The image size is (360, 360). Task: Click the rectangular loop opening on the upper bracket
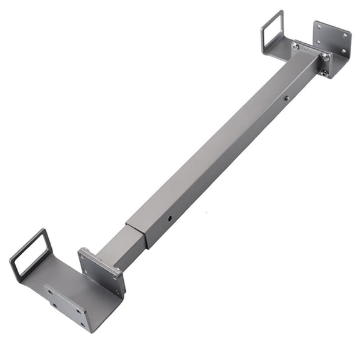272,31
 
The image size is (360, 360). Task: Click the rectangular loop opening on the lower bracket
31,254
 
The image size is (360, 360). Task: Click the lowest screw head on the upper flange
324,72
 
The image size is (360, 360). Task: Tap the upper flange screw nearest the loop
296,46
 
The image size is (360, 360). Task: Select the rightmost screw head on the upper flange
326,57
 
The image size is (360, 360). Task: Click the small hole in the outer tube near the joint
170,219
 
